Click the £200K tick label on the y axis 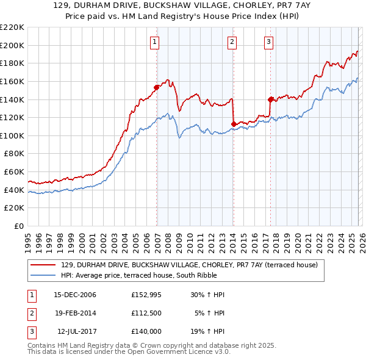point(12,45)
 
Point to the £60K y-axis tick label point(14,172)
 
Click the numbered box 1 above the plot point(155,42)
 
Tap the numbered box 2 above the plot point(232,42)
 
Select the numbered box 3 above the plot point(268,42)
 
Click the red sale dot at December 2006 point(157,87)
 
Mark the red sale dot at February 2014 point(234,124)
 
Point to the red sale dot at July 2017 point(270,99)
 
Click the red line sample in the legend point(43,265)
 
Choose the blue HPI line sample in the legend point(43,275)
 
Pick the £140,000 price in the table point(146,331)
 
